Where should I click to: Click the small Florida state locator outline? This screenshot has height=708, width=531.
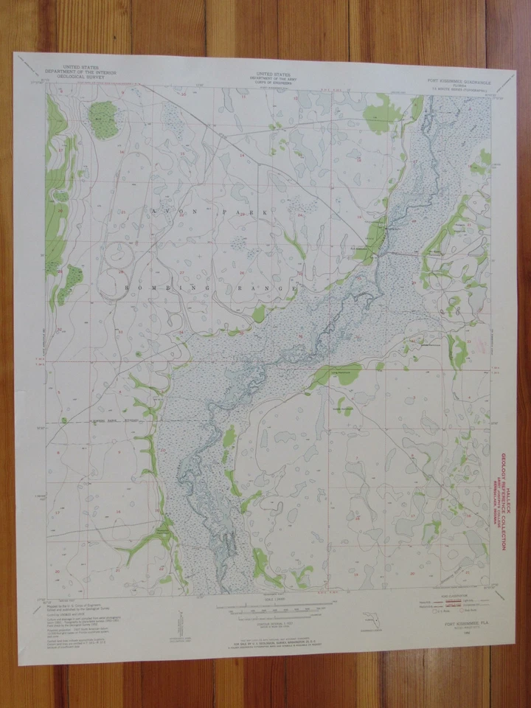(363, 619)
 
